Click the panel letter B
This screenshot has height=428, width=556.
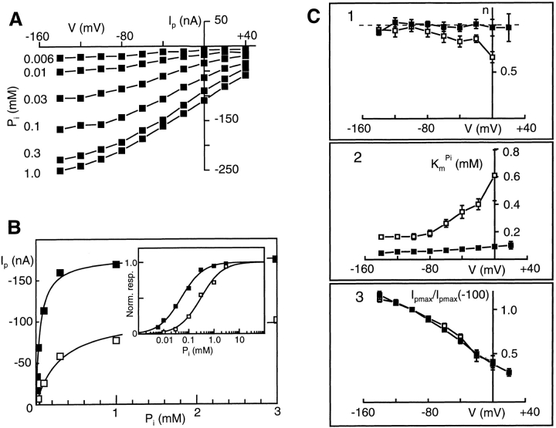click(x=15, y=229)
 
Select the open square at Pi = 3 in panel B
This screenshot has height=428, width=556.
click(x=276, y=319)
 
